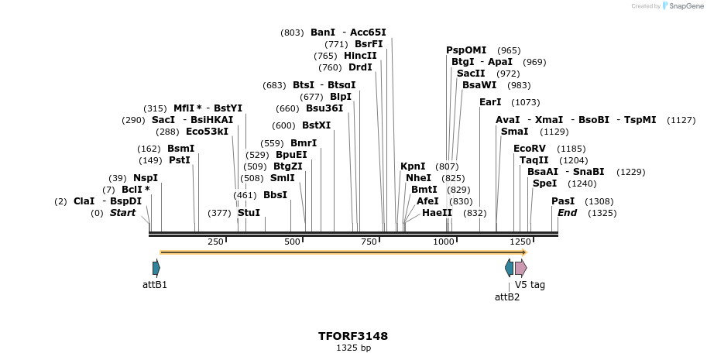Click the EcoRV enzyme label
[529, 148]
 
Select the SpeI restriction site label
[544, 183]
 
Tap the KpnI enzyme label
[413, 166]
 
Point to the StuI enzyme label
[249, 213]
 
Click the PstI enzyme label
[179, 160]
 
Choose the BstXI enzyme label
[316, 125]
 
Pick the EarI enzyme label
[490, 102]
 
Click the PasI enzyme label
[563, 201]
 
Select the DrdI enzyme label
[360, 67]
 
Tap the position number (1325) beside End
[602, 213]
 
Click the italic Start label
[122, 213]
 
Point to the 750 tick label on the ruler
[369, 242]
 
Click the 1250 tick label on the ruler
[520, 242]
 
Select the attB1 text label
[155, 285]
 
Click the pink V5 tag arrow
[521, 268]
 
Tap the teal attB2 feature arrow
[509, 268]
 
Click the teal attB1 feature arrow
[156, 268]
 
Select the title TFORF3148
[353, 336]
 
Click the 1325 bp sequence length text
[353, 348]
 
